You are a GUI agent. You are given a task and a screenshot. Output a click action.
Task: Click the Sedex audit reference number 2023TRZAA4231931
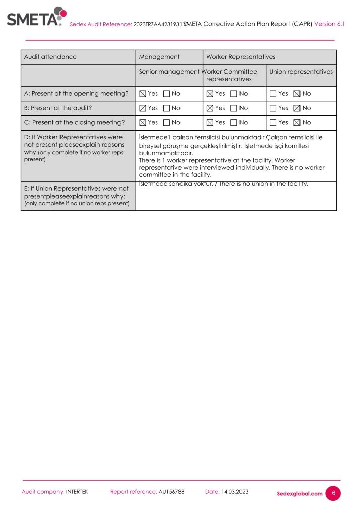coord(159,24)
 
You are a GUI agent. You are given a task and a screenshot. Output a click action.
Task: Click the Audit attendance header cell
coord(50,57)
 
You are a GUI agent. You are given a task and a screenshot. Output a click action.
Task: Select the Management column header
coord(159,57)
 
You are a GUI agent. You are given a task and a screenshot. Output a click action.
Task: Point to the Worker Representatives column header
coord(241,57)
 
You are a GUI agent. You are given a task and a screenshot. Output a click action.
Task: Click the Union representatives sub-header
coord(301,72)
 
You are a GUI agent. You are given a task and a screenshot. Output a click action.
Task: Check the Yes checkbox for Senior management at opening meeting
coord(142,94)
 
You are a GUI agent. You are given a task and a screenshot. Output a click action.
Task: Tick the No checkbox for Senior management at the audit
coord(167,108)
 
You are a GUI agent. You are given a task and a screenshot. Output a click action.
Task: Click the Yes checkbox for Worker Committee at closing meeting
coord(210,123)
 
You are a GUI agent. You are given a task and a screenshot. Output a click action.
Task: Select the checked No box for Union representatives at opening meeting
coord(297,94)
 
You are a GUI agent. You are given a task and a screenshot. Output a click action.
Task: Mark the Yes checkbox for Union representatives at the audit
coord(273,108)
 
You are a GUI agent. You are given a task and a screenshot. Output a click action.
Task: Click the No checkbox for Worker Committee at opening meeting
coord(234,94)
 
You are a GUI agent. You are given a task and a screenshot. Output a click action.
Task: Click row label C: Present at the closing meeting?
coord(74,123)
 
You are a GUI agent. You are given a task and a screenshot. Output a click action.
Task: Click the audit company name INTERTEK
coord(77,492)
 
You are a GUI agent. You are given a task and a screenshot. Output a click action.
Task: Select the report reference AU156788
coord(171,492)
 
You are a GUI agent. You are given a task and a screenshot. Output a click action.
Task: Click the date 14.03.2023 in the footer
coord(235,492)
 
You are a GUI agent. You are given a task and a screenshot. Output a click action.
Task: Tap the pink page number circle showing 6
coord(333,493)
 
